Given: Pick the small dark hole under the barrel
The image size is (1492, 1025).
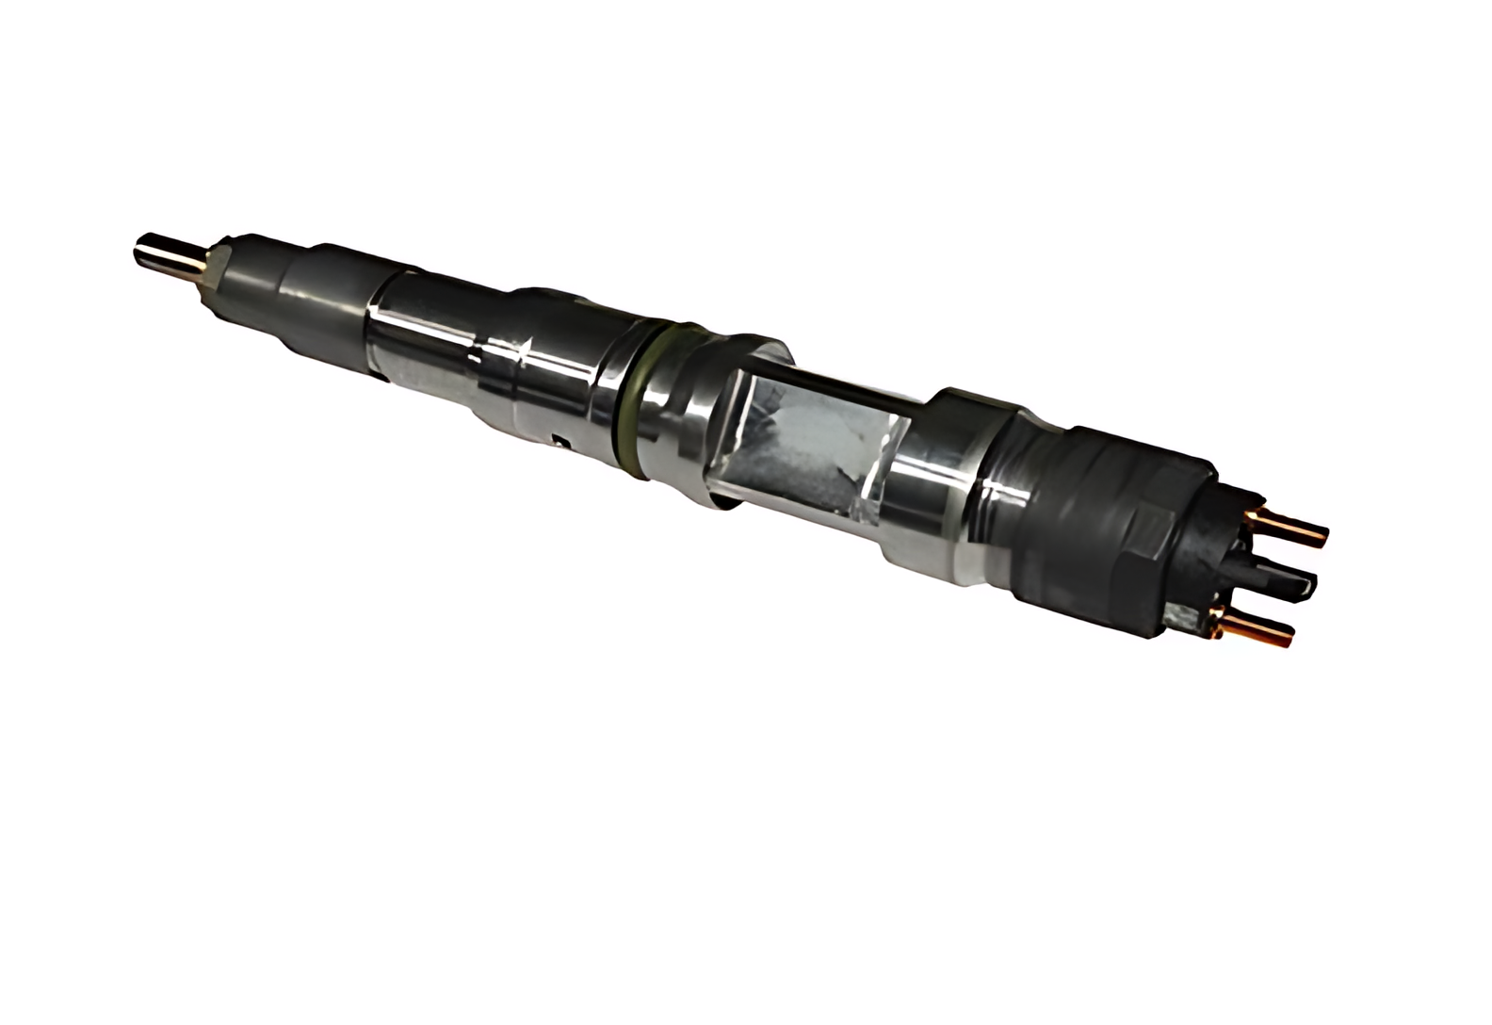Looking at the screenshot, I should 562,439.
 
